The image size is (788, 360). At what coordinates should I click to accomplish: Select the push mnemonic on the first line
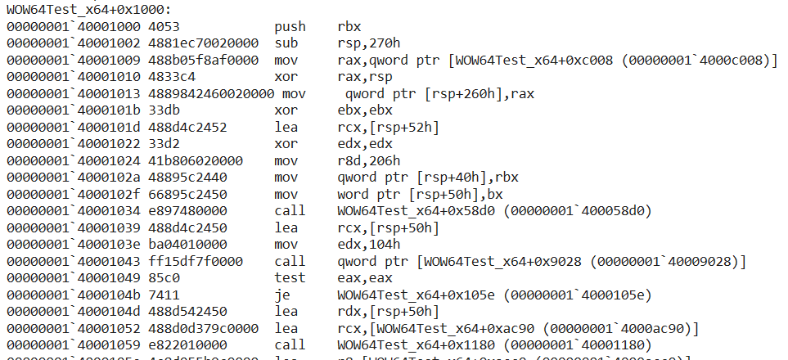[289, 26]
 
